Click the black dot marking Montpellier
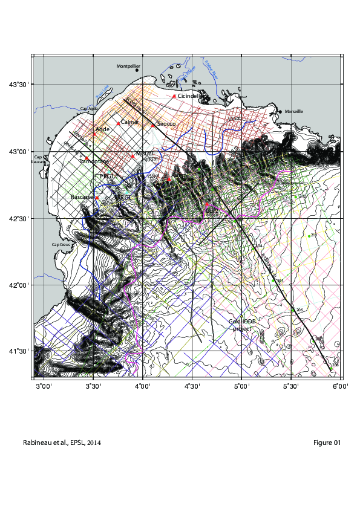coord(137,70)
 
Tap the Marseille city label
coord(293,111)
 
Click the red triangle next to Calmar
coord(119,124)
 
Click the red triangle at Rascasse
coord(97,198)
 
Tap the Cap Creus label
coord(62,244)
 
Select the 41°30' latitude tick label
coord(18,351)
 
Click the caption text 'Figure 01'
coord(327,443)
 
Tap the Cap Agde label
coord(88,109)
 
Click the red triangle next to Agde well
coord(94,134)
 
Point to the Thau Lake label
coord(101,92)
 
